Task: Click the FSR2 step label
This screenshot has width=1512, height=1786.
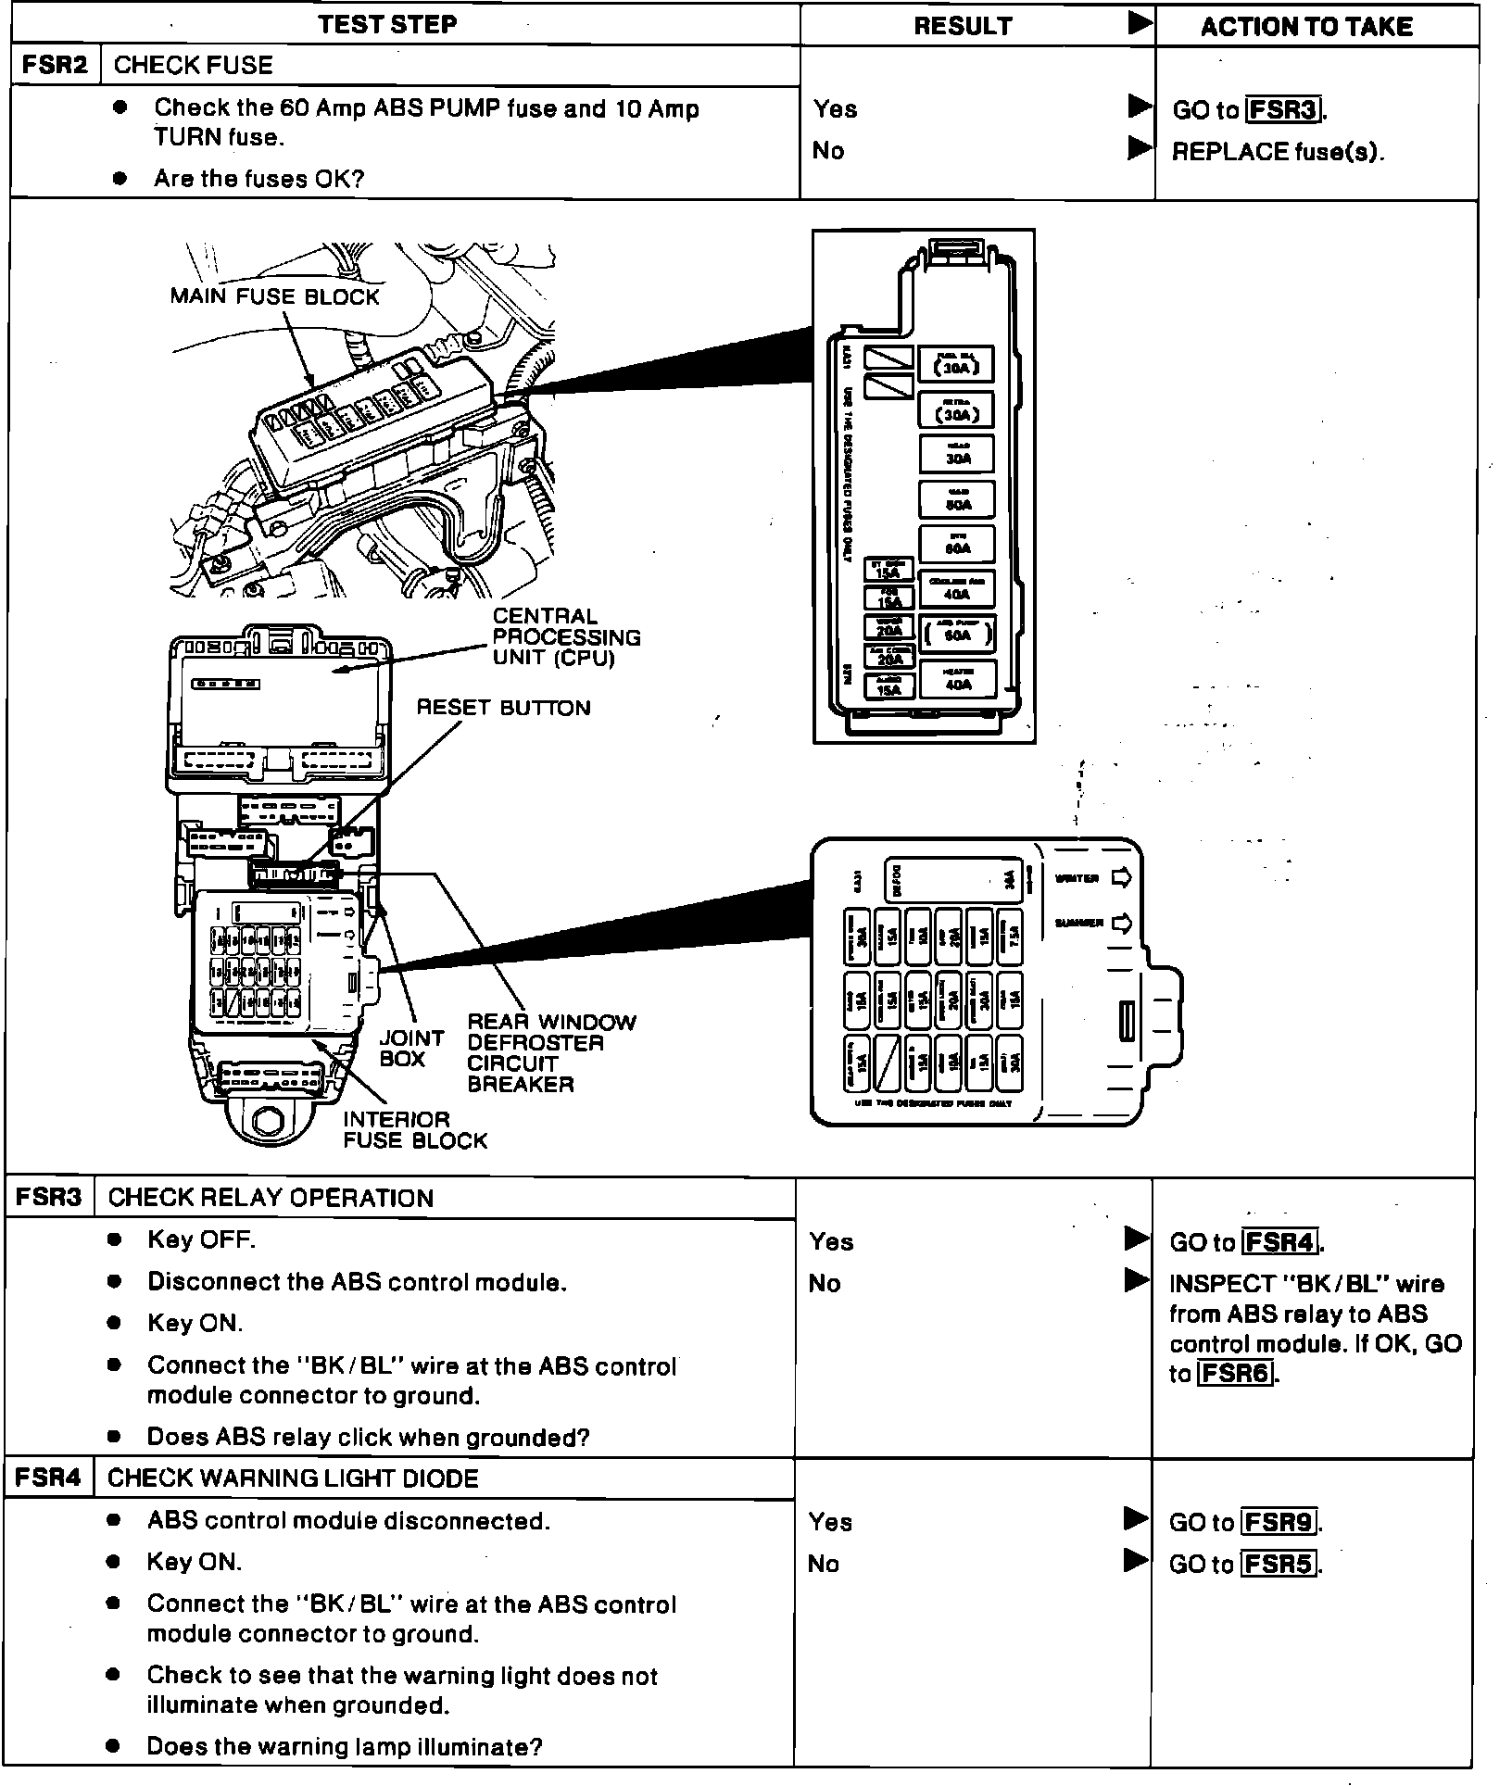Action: (55, 65)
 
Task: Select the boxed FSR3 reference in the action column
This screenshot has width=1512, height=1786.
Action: (1283, 110)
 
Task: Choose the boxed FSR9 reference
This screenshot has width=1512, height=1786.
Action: (1279, 1522)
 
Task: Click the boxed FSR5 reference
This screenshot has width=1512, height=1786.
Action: (1279, 1565)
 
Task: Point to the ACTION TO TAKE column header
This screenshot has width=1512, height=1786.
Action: (1306, 27)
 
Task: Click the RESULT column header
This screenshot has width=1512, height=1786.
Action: (963, 27)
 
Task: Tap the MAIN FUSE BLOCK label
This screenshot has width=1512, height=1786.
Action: (274, 297)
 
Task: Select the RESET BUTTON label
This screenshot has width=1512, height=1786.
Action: (503, 709)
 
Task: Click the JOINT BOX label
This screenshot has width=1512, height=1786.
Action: (411, 1049)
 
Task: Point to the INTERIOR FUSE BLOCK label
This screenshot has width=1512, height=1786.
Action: (415, 1130)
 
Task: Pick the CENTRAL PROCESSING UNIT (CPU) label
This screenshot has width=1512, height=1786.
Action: (566, 637)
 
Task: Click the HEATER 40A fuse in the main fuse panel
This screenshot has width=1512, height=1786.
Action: (958, 680)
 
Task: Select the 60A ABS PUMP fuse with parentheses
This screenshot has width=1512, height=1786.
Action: (958, 634)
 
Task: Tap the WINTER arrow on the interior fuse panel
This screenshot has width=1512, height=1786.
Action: (1120, 878)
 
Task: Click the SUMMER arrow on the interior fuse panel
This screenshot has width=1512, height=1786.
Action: (1120, 924)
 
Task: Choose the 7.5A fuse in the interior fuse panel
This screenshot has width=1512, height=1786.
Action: (1013, 937)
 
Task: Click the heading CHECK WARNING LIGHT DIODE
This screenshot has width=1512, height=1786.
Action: (293, 1478)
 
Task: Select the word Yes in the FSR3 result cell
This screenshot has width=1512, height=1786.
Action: (831, 1242)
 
